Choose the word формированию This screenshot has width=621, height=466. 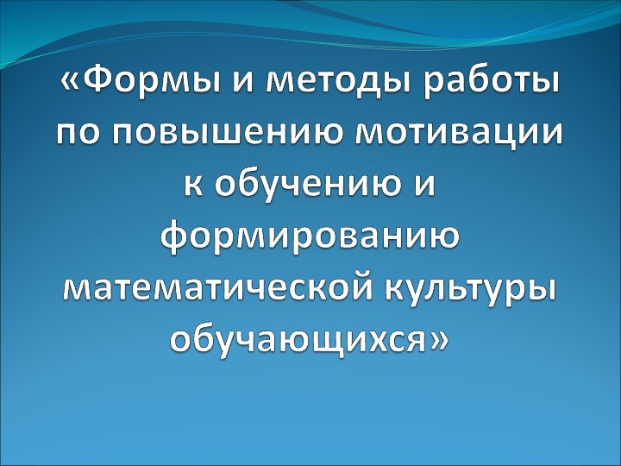[x=310, y=236]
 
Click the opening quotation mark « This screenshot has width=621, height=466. [x=72, y=85]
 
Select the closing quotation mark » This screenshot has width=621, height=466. [x=439, y=337]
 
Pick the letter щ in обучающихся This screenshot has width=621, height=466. [x=327, y=337]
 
